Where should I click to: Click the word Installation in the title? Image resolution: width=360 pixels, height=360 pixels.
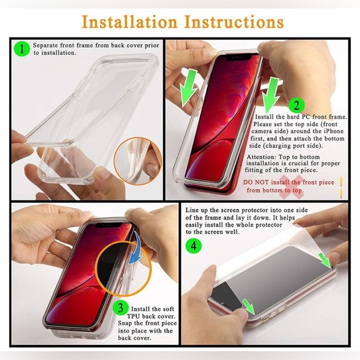[128, 22]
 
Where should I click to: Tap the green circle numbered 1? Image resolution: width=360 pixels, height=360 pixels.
[22, 48]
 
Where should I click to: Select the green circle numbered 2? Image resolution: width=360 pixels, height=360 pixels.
[296, 106]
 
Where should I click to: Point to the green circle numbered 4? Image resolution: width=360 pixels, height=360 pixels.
[195, 246]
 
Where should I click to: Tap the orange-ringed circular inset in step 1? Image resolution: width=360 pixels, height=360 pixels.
[137, 161]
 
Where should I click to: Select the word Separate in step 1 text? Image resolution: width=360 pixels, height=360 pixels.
[45, 45]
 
